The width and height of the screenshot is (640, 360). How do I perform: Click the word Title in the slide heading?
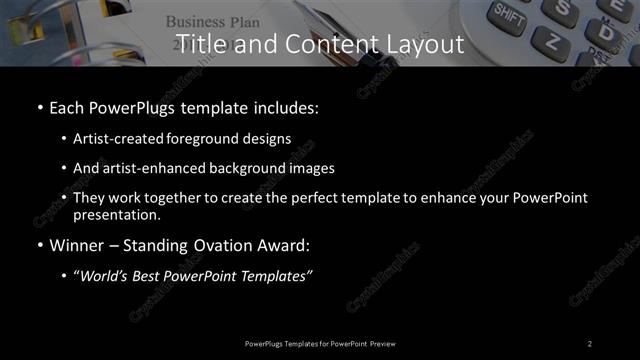tap(198, 44)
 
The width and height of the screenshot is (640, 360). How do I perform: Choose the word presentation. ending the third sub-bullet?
tap(117, 215)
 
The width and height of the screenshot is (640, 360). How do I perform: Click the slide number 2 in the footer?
tap(590, 343)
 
